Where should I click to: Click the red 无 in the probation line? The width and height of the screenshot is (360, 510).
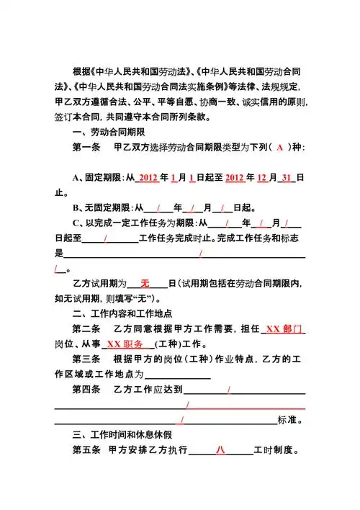145,284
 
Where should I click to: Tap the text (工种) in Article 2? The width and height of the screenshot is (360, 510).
170,344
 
